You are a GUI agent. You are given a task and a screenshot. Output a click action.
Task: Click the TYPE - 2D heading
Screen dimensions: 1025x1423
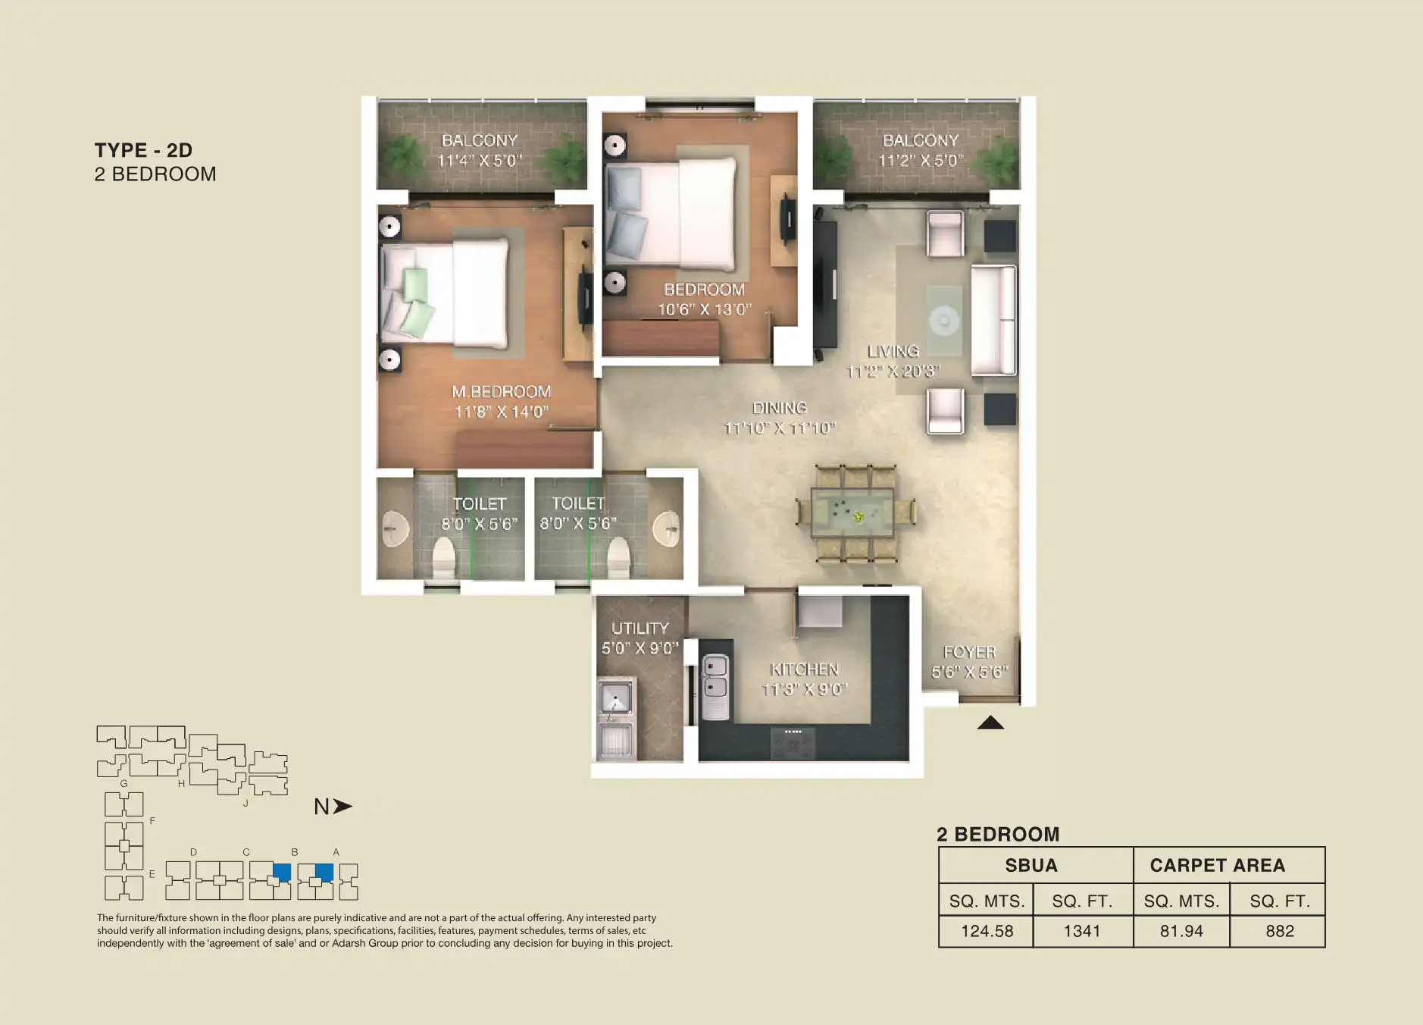(143, 150)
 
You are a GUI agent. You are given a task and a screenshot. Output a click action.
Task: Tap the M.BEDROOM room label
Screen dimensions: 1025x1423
(501, 391)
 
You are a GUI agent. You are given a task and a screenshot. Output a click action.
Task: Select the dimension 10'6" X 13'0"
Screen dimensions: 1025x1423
(704, 309)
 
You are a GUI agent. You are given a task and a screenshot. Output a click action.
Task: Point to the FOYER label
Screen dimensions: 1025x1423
(969, 652)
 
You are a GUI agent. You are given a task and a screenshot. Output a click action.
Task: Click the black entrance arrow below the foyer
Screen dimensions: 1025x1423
(990, 723)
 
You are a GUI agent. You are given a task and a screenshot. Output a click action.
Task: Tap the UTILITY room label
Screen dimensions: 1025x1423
(640, 628)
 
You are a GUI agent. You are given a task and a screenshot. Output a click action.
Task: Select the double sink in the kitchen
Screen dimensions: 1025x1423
(715, 678)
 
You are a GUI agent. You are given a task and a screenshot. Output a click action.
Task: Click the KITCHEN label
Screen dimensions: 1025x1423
(804, 669)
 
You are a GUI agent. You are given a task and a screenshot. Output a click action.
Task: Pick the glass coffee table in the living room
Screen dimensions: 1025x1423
(943, 320)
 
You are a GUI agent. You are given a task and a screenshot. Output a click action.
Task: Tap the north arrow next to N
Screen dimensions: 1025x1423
(343, 807)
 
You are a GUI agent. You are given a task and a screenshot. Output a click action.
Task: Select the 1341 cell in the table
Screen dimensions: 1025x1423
(1081, 931)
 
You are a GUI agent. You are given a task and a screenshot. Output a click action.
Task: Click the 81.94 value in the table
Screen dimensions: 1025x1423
(1181, 931)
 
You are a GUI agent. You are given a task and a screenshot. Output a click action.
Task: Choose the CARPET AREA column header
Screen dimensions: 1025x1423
(1217, 865)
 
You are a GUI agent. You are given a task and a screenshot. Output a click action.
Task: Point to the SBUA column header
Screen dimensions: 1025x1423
(1031, 865)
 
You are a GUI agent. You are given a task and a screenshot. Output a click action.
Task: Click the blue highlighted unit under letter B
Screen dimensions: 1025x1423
(282, 871)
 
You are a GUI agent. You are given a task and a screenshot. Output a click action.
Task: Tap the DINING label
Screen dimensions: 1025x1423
(779, 408)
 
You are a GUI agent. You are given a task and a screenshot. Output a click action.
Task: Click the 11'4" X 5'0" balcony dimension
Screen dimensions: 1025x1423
(479, 161)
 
